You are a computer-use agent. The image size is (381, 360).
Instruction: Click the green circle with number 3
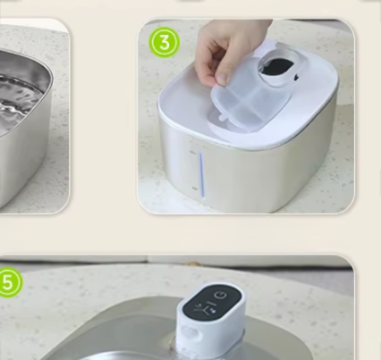coord(165,42)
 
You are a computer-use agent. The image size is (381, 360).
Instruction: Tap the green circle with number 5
coord(8,282)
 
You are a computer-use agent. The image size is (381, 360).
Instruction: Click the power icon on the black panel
coord(220,295)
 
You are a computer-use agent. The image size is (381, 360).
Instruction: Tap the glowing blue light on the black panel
coord(213,310)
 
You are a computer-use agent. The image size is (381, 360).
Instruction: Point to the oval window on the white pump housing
coord(190,333)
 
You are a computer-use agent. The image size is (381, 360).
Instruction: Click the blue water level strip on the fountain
coord(202,176)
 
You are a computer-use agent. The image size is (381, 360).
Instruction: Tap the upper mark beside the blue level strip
coord(192,153)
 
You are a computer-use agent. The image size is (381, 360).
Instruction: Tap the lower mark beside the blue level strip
coord(195,188)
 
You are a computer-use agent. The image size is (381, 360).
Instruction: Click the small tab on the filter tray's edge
coord(224,118)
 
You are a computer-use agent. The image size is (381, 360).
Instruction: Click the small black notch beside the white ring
coord(296,78)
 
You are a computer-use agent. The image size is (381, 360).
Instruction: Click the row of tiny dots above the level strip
coord(200,146)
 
